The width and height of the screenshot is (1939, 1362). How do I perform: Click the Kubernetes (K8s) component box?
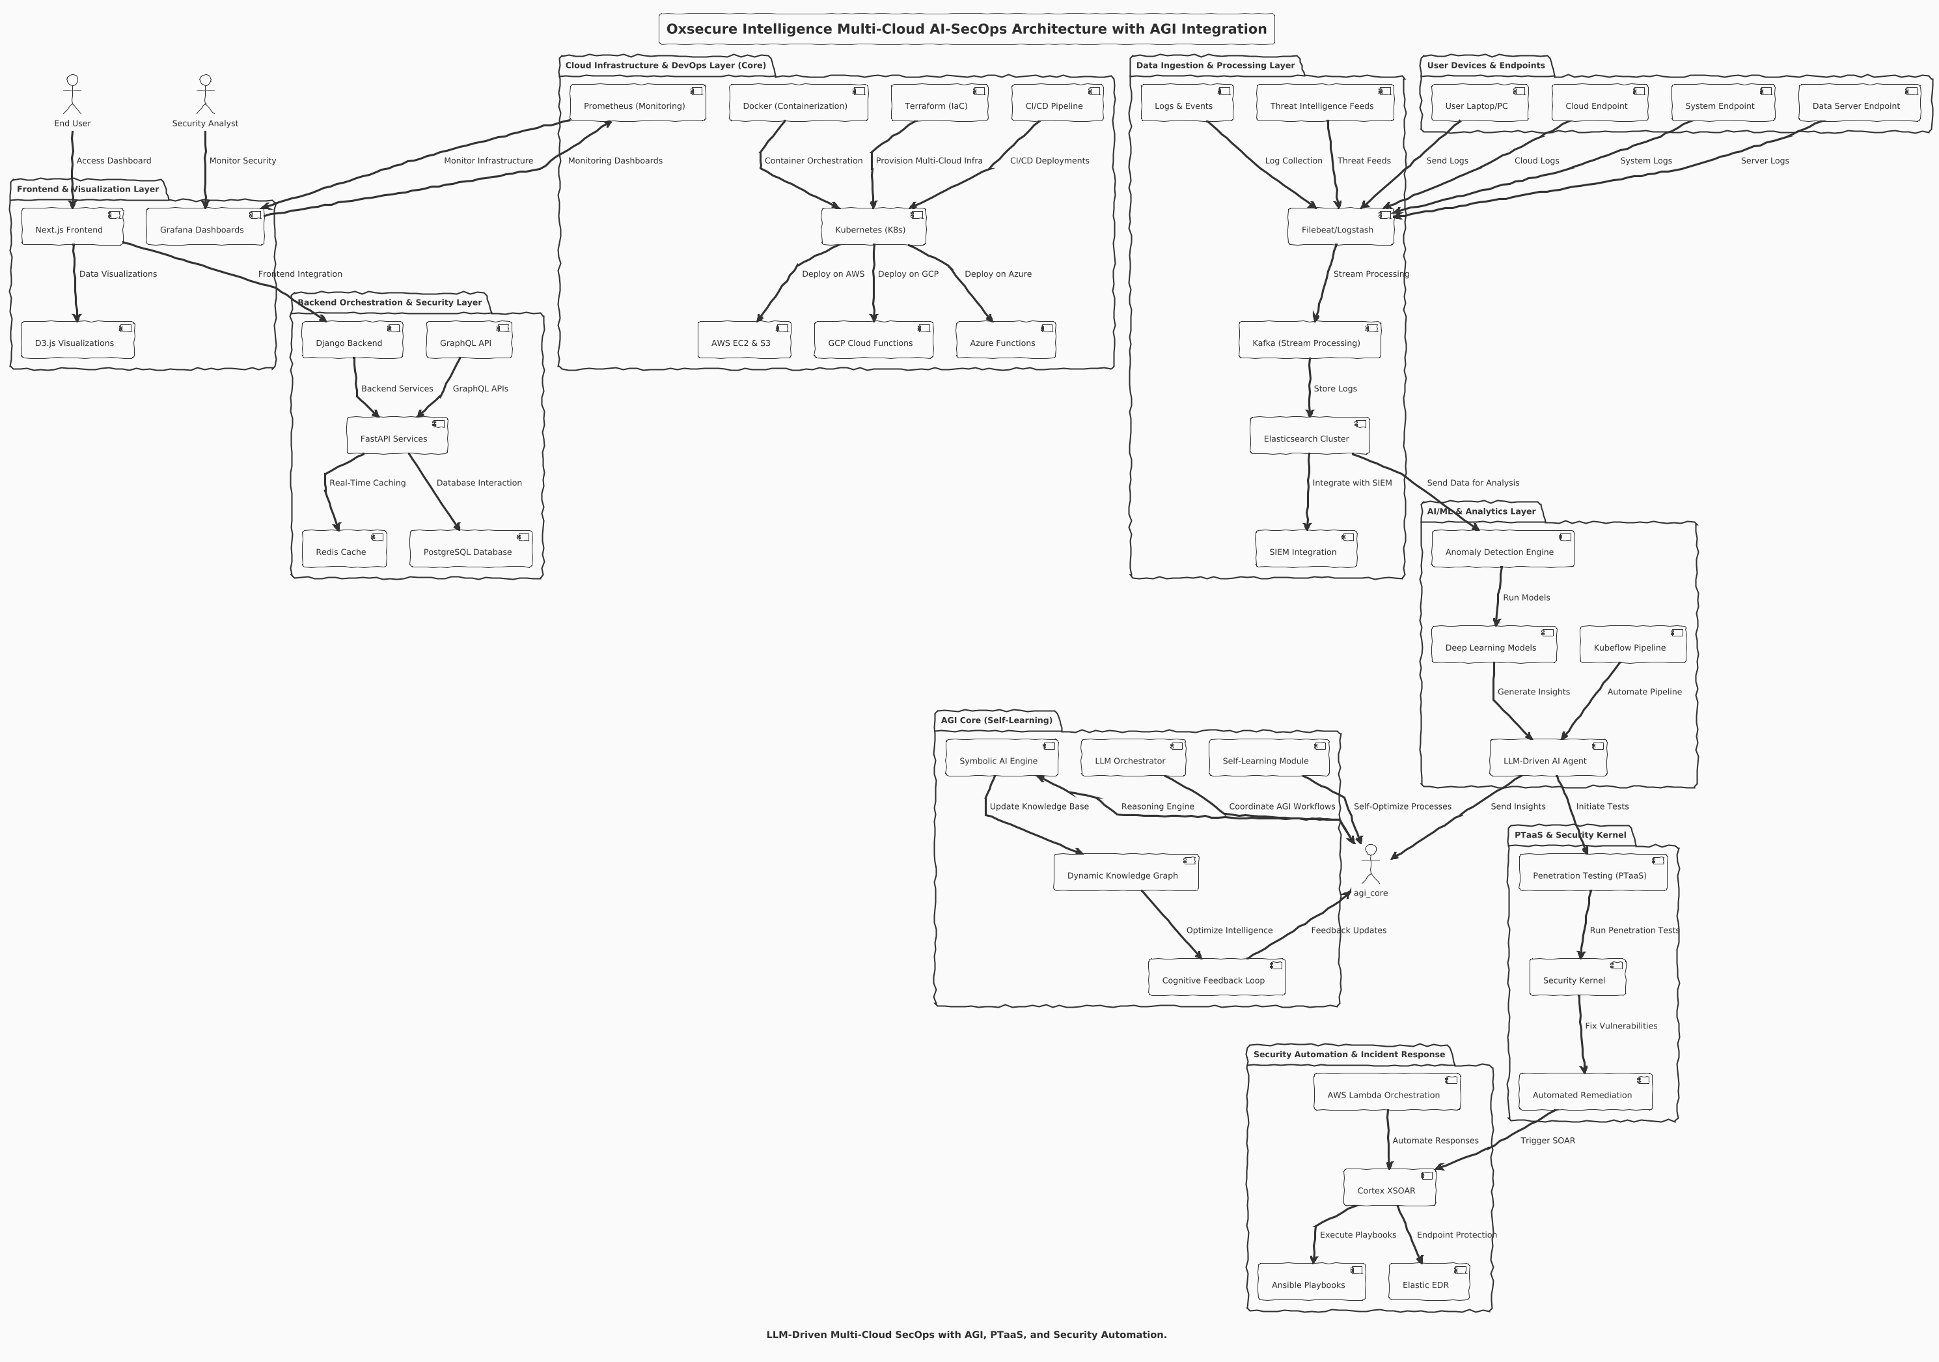873,227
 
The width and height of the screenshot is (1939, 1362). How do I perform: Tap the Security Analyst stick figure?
205,94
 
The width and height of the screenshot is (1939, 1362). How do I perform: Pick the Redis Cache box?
344,550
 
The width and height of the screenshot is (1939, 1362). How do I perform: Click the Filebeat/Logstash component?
1340,227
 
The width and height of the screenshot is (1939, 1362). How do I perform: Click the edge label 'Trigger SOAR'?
1547,1141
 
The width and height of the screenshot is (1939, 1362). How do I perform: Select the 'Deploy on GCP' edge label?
908,274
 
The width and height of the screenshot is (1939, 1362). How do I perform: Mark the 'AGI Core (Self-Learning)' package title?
997,720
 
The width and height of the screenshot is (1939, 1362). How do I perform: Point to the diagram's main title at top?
966,29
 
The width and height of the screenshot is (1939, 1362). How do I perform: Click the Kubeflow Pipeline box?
1632,646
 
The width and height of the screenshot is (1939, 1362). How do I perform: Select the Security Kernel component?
1576,978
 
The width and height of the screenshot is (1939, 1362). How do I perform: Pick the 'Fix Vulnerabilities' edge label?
1621,1026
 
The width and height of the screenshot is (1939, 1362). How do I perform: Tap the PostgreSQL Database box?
471,550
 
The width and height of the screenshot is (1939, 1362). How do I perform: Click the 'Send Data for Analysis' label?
1473,483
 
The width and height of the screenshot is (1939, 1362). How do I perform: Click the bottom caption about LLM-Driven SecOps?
966,1335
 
